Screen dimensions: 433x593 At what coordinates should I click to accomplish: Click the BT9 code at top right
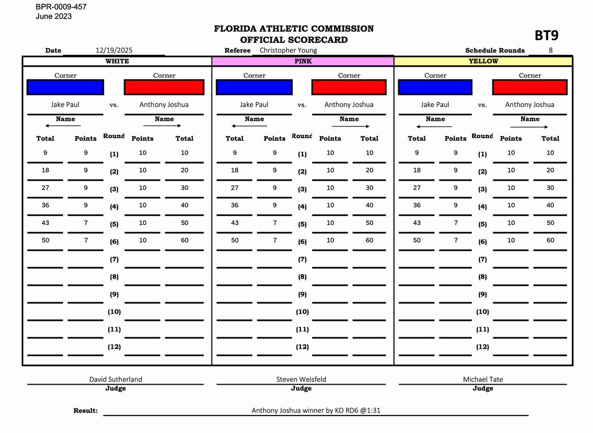[546, 36]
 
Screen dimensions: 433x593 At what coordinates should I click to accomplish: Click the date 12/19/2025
[114, 50]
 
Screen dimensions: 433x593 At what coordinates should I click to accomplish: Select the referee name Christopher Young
[288, 50]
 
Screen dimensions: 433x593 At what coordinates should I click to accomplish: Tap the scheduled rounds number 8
[551, 50]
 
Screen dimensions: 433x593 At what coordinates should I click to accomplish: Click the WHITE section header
[117, 61]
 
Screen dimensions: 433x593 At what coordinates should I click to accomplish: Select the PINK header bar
[302, 61]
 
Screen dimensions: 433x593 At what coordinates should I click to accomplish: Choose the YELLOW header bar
[483, 61]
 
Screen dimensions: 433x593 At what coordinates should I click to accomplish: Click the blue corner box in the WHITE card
[65, 87]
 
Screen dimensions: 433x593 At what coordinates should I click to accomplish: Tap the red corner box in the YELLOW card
[529, 87]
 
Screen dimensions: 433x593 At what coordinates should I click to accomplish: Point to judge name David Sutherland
[115, 379]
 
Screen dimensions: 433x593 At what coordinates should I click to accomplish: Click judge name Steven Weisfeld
[301, 379]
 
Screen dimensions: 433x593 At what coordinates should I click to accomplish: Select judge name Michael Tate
[483, 379]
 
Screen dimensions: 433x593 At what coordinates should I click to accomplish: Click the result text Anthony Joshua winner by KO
[316, 410]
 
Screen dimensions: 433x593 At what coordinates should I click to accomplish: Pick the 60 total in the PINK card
[369, 240]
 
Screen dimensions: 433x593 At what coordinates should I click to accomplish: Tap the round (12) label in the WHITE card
[114, 347]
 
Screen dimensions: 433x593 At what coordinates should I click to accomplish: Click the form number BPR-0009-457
[61, 7]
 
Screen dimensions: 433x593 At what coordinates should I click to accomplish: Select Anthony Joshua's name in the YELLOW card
[529, 104]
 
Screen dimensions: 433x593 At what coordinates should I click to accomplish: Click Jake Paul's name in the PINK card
[254, 104]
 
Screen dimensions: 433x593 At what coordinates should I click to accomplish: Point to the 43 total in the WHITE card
[45, 222]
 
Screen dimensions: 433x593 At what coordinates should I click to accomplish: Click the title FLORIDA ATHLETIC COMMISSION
[294, 29]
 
